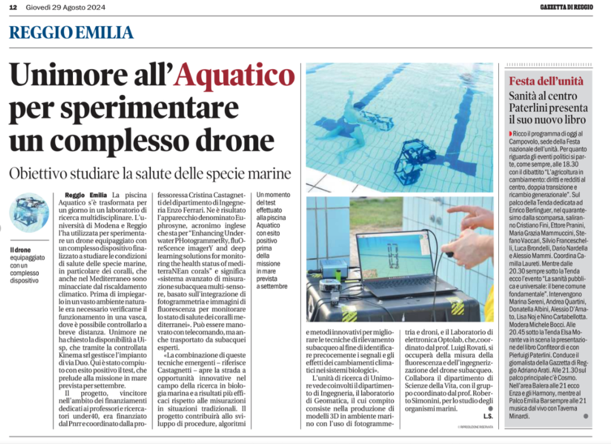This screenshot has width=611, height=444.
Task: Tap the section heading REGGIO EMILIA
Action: pos(71,32)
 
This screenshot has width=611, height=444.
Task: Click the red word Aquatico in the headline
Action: pos(236,76)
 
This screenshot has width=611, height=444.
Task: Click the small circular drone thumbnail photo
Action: pos(29,212)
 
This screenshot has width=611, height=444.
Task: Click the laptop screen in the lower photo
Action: pos(393,258)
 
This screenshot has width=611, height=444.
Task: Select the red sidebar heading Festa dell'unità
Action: pos(546,81)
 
